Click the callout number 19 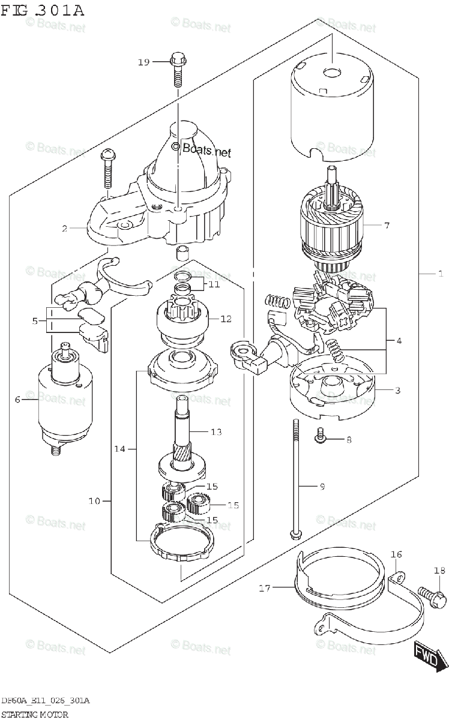coord(142,62)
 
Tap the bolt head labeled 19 coord(177,59)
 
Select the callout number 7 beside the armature coord(387,226)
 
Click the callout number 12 coord(226,319)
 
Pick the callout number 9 coord(322,487)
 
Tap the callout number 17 coord(265,589)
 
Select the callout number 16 coord(397,555)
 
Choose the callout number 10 coord(94,500)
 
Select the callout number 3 coord(397,391)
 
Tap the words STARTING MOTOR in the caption coord(34,714)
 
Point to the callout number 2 coord(63,228)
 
